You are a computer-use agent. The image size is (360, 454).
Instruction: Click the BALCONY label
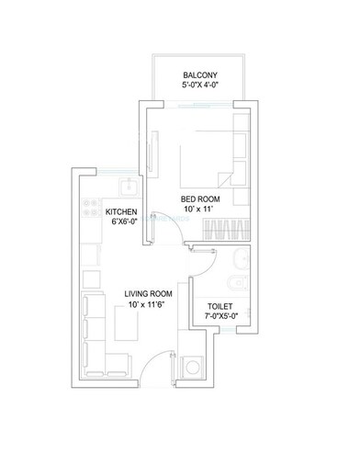click(x=199, y=74)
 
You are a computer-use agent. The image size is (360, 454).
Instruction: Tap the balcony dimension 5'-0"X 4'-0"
click(x=199, y=87)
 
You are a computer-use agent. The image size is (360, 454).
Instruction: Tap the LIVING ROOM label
click(x=150, y=294)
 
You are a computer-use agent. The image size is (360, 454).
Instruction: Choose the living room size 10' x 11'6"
click(x=150, y=306)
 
